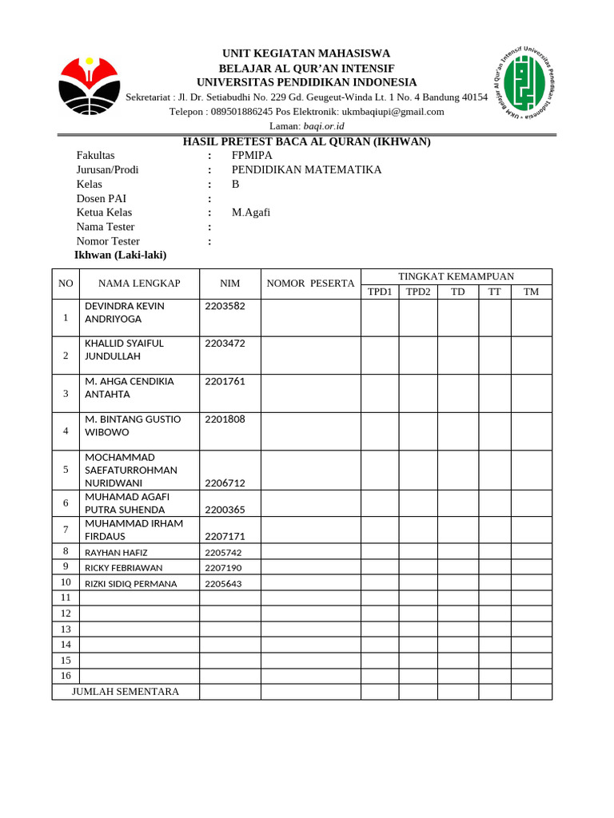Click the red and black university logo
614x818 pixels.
tap(90, 85)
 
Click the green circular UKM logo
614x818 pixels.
tap(524, 83)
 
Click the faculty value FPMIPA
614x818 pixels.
tap(252, 156)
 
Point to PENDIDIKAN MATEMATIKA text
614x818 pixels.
tap(306, 170)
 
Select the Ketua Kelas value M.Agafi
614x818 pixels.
tap(251, 212)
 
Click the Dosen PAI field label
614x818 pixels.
tap(102, 199)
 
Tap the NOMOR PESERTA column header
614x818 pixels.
tap(310, 284)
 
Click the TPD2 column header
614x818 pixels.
tap(418, 292)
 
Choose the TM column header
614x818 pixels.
tap(531, 292)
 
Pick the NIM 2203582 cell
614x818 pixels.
tap(225, 306)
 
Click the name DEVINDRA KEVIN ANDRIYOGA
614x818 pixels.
tap(125, 312)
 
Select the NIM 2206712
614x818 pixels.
tap(225, 483)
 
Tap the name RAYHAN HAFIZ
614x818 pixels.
tap(116, 552)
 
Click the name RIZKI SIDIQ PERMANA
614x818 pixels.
tap(130, 584)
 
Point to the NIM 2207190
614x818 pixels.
tap(223, 568)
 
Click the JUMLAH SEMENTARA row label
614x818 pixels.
tap(126, 692)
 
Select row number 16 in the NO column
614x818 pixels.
tap(66, 676)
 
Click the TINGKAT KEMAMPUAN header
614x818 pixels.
tap(456, 276)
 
